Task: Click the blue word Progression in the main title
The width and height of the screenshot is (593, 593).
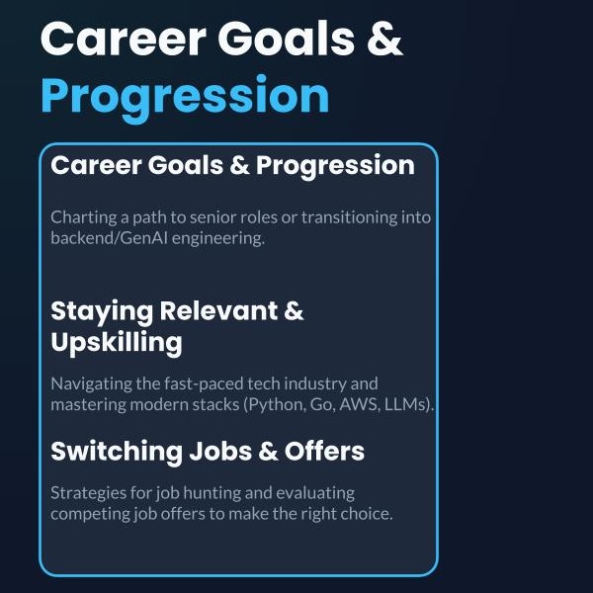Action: [x=185, y=98]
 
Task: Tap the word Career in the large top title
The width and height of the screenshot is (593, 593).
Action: [x=124, y=39]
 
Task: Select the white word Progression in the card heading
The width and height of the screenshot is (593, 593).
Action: [x=335, y=166]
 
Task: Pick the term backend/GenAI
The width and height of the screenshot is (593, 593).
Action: [x=109, y=238]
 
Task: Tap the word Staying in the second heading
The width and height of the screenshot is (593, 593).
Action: [x=102, y=312]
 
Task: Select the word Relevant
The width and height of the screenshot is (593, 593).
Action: [x=218, y=311]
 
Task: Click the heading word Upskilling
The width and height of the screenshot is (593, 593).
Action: [x=117, y=343]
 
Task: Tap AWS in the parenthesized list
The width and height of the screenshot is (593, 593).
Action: [x=359, y=404]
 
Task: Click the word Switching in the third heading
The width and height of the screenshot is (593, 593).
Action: [x=117, y=453]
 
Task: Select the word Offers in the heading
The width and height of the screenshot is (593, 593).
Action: [x=324, y=452]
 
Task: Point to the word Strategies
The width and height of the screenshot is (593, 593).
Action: [x=88, y=493]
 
